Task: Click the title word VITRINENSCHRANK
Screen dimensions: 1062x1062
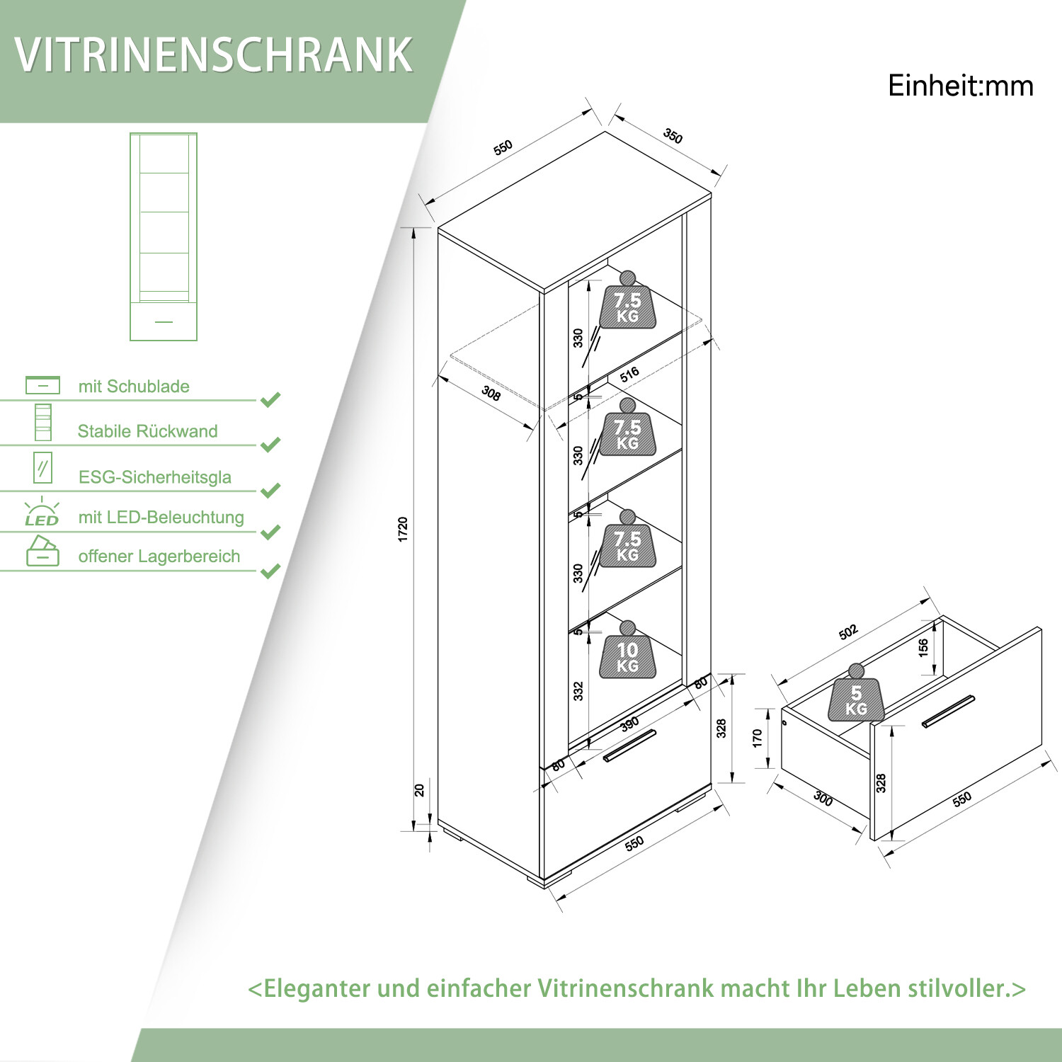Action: click(213, 55)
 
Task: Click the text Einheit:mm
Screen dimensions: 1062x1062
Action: click(960, 86)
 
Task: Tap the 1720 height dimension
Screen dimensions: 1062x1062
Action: click(403, 530)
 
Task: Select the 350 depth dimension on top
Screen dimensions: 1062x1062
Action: click(673, 136)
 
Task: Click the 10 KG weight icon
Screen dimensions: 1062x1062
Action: click(627, 656)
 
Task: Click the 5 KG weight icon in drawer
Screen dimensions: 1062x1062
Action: click(856, 698)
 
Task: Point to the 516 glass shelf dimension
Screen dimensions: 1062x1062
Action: click(629, 375)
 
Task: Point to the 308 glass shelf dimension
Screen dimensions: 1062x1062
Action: click(491, 393)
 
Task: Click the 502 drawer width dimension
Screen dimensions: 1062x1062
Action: click(847, 632)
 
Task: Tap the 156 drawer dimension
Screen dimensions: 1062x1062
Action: click(923, 648)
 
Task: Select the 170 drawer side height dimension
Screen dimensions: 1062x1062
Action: click(758, 738)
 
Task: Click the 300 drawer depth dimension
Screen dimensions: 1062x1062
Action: click(823, 799)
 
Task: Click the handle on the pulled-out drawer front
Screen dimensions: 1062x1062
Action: click(948, 712)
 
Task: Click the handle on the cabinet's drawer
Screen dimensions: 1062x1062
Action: click(629, 746)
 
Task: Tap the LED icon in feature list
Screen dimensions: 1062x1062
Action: click(42, 513)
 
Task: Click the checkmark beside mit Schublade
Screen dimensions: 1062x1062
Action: click(270, 399)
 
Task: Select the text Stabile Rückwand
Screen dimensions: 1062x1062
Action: click(147, 431)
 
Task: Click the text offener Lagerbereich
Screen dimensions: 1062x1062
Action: click(159, 556)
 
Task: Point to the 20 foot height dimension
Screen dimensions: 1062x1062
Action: click(419, 789)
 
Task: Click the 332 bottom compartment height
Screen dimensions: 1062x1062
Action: click(578, 691)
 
